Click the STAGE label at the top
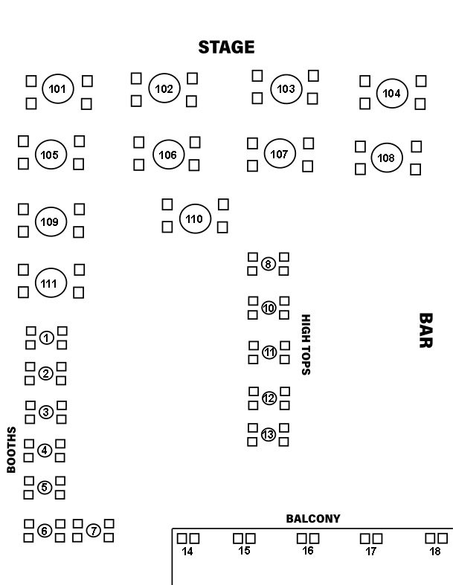[x=226, y=48]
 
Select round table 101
[x=57, y=90]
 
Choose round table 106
[x=167, y=155]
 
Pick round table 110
[x=194, y=219]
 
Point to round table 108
[x=387, y=158]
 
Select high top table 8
[x=269, y=263]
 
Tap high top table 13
[x=269, y=434]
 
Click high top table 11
[x=269, y=352]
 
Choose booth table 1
[x=46, y=338]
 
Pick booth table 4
[x=45, y=450]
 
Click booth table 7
[x=93, y=530]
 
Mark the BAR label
[x=425, y=330]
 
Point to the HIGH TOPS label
[x=305, y=344]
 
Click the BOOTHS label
[x=12, y=450]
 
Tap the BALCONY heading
[x=313, y=519]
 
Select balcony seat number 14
[x=187, y=552]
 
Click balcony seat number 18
[x=436, y=552]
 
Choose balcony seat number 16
[x=309, y=552]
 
